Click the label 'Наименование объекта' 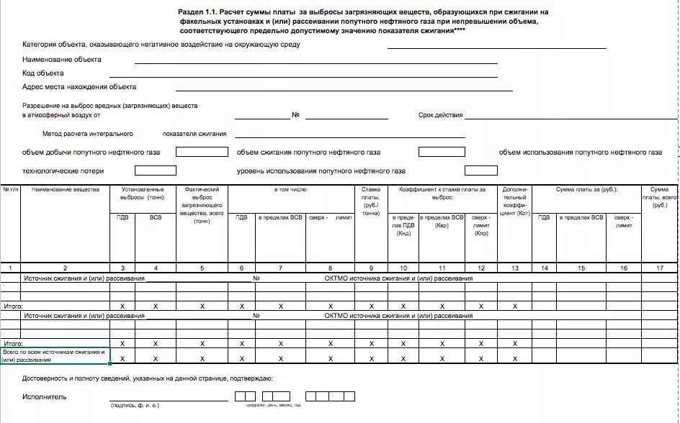coord(62,60)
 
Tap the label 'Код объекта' coord(43,73)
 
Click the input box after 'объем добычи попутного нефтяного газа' coord(197,153)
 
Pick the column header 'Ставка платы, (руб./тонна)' coord(371,201)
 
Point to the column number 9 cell coord(371,268)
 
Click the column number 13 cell coord(514,268)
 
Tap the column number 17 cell coord(660,268)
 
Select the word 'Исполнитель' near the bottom coord(45,396)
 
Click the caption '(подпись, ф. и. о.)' coord(135,406)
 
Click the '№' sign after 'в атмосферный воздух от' coord(295,115)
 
